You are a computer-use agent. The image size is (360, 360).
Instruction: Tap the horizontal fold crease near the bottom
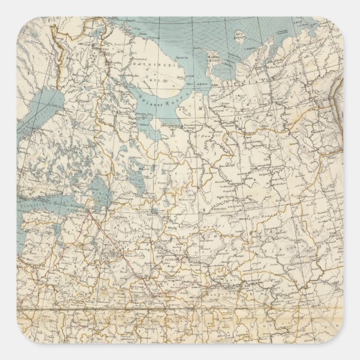pos(179,309)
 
